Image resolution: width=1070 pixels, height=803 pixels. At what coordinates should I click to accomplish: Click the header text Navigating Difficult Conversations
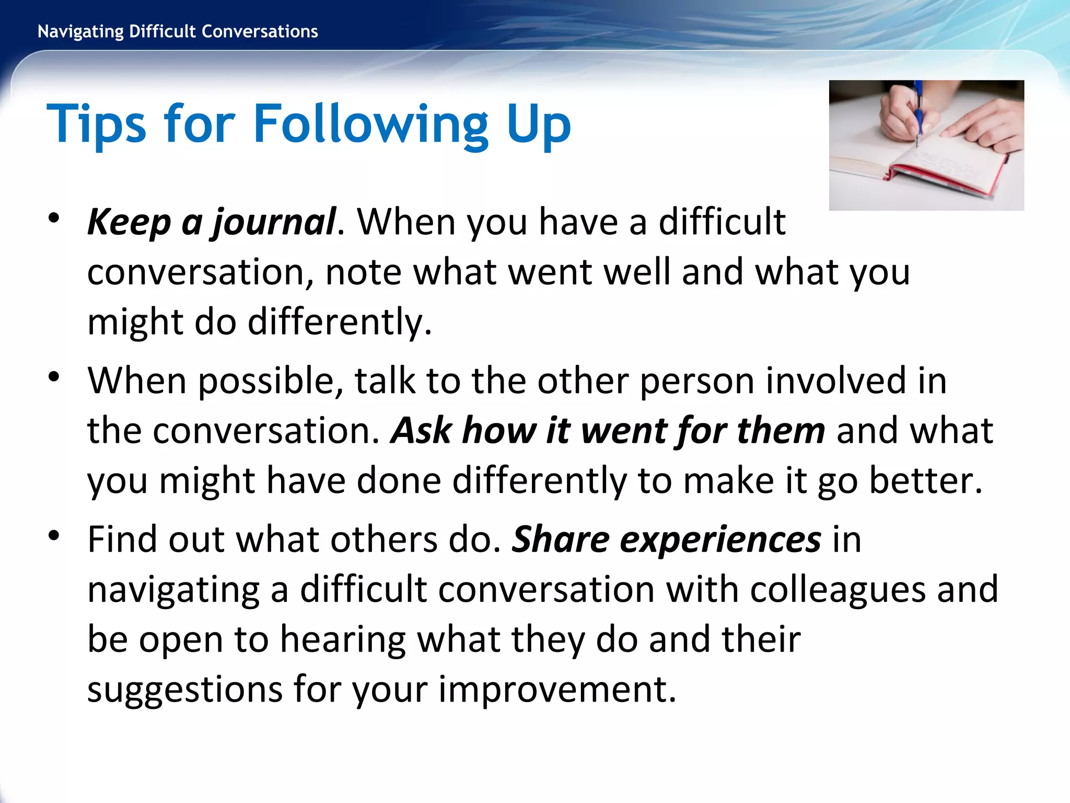coord(178,32)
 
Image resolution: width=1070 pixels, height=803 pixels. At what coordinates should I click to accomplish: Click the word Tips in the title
coord(96,124)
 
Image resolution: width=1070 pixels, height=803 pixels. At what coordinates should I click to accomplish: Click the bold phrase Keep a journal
coord(211,222)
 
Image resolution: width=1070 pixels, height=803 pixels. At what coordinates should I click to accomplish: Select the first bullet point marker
coord(54,219)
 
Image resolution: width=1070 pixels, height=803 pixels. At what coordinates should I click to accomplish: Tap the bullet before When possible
coord(54,377)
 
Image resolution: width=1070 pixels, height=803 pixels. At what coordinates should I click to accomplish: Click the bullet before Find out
coord(54,535)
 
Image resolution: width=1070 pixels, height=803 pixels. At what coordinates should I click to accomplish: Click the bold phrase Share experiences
coord(666,539)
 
